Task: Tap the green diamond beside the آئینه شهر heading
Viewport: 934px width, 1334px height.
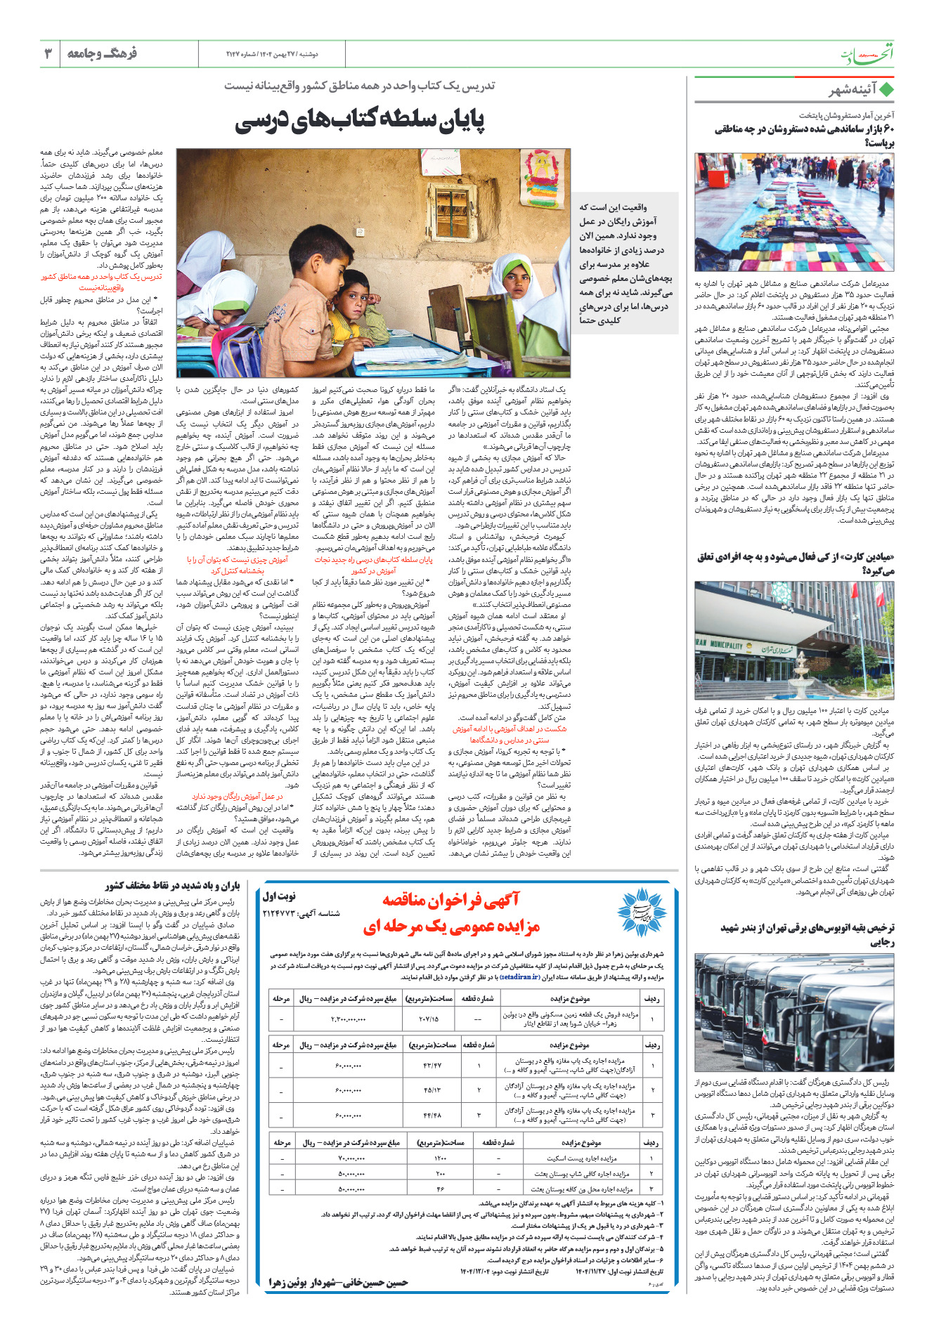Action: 887,91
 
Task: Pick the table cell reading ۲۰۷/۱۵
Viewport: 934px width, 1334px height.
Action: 428,1019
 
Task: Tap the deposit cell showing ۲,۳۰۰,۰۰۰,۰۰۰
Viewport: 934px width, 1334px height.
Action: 348,1019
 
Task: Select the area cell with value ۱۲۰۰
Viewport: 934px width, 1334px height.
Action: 440,1158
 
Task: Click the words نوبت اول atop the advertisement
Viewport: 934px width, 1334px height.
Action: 279,896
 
